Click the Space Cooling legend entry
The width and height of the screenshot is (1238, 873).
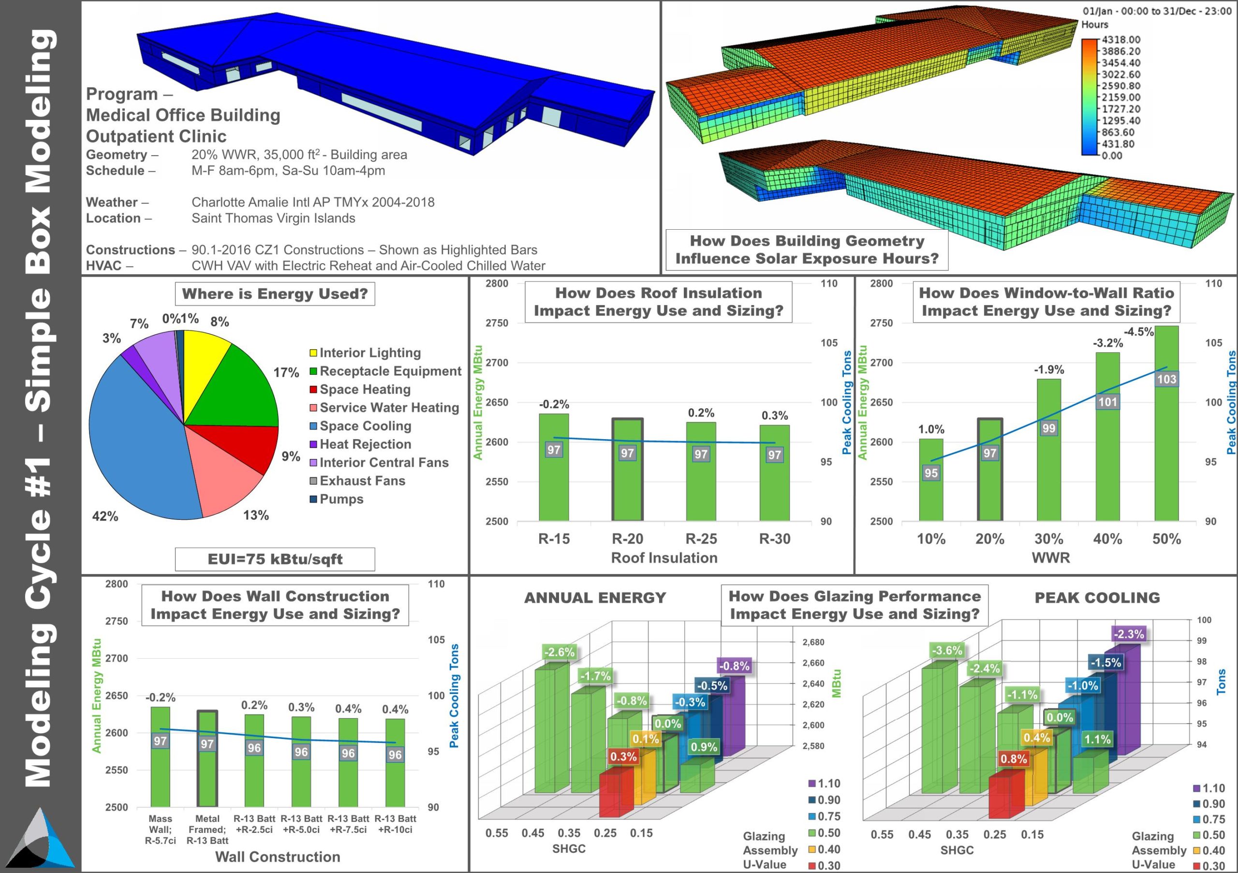click(x=365, y=426)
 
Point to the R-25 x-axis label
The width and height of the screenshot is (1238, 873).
click(x=700, y=539)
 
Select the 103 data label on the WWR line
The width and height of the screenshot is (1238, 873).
click(x=1166, y=379)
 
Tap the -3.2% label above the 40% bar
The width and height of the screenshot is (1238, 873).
click(x=1107, y=343)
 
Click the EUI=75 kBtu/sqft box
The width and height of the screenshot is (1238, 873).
click(x=275, y=559)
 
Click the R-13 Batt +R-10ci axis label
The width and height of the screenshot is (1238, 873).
click(x=395, y=824)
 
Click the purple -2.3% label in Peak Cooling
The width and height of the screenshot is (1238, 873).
click(x=1129, y=634)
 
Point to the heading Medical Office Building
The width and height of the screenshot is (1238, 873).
click(x=183, y=116)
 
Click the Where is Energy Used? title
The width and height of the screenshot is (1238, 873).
click(x=275, y=294)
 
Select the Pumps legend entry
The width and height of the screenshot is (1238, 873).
click(x=341, y=499)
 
